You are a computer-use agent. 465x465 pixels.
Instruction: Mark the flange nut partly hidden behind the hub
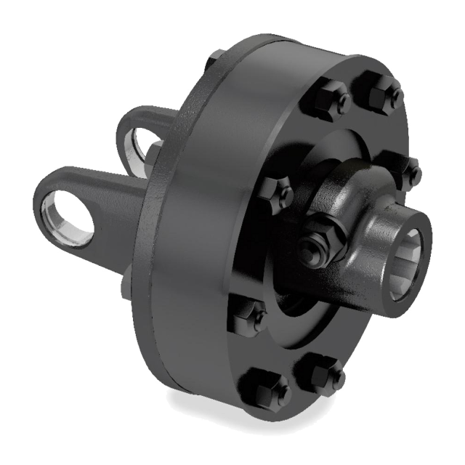408,171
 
